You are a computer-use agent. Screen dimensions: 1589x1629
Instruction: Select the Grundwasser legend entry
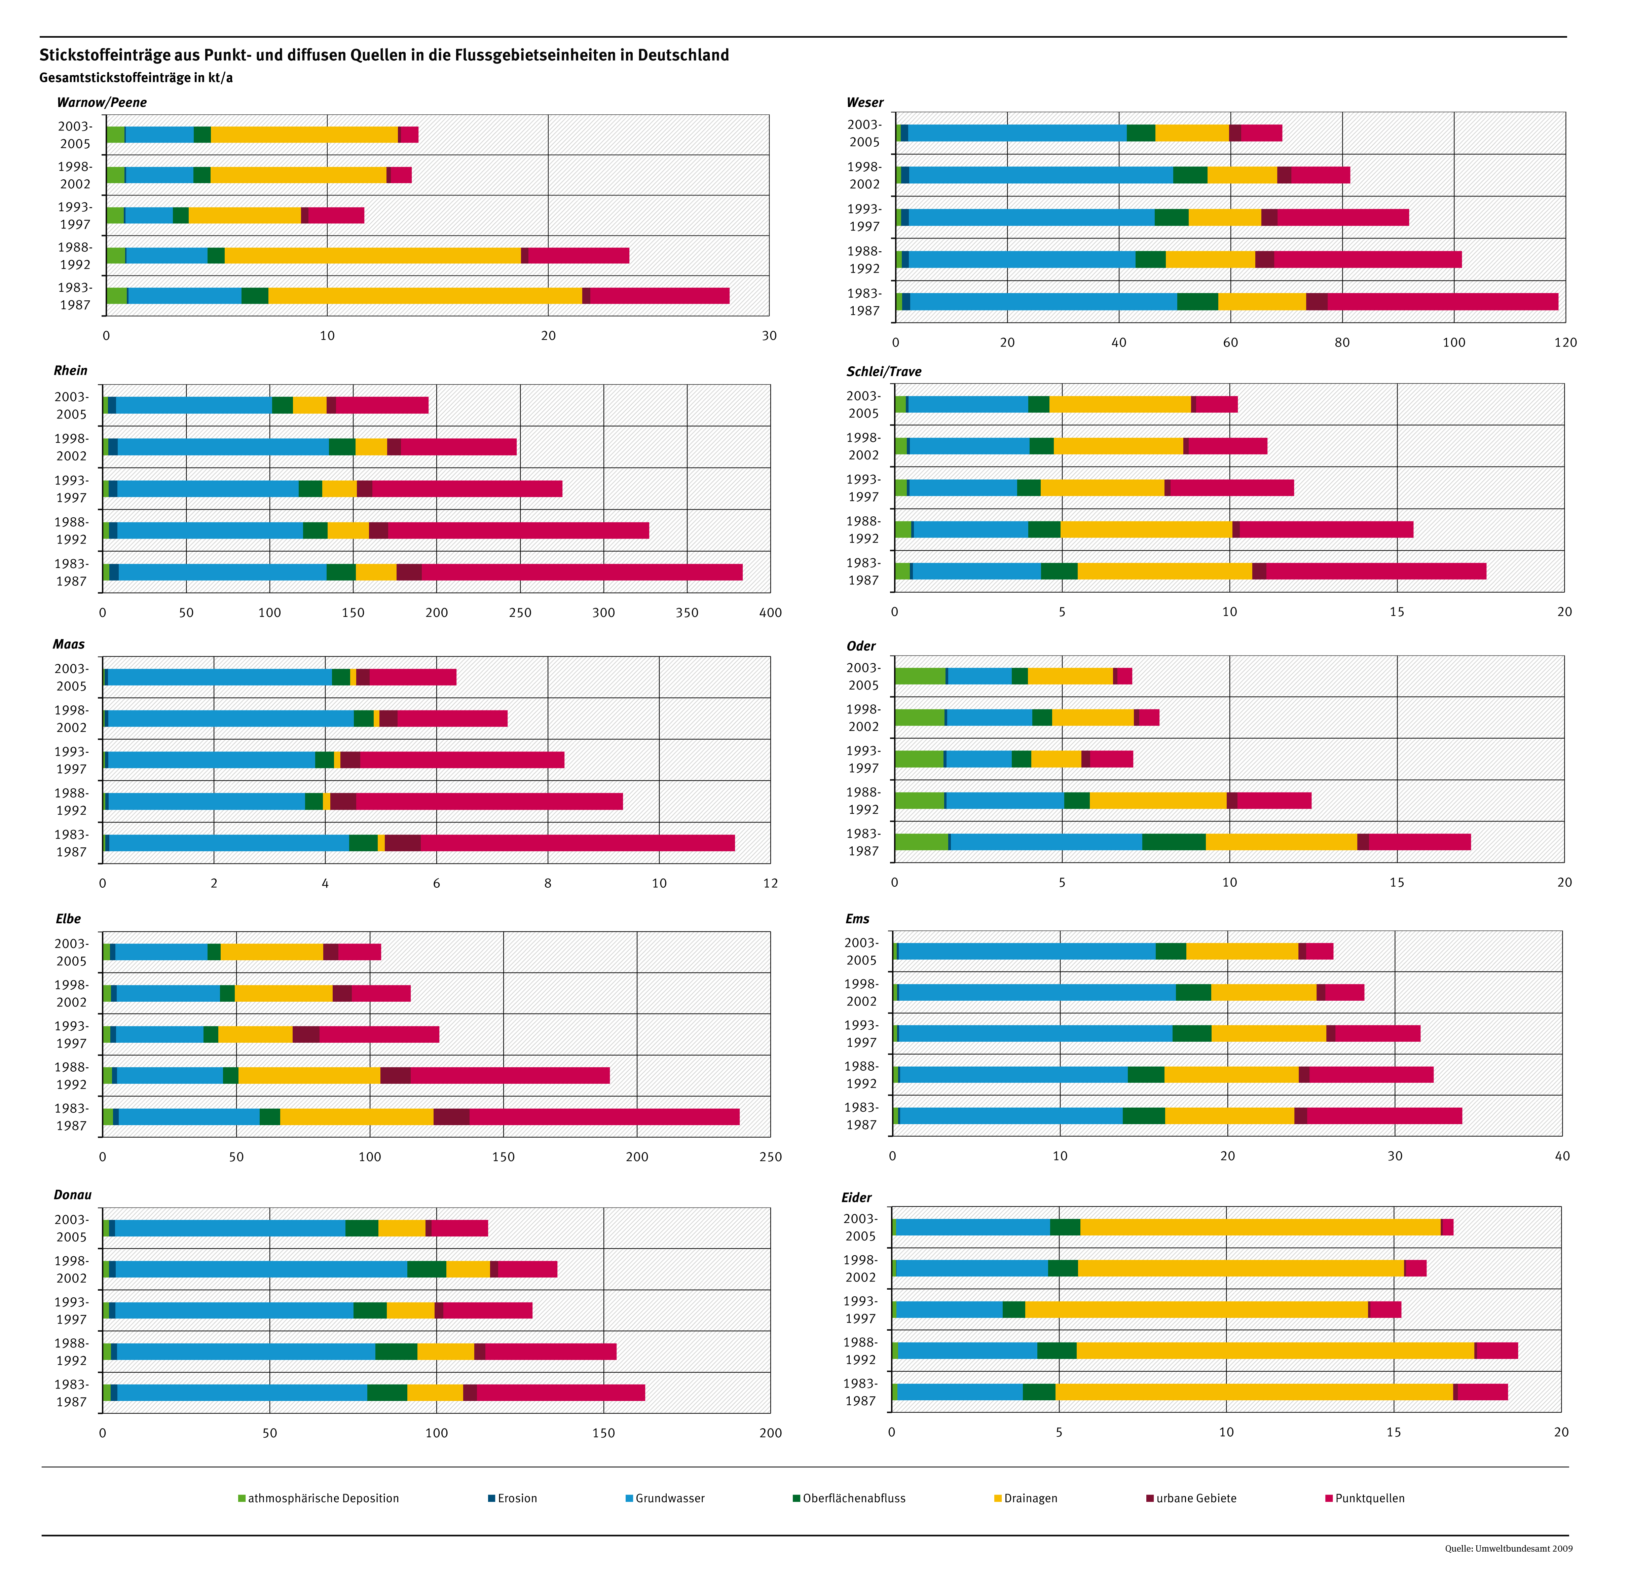[669, 1498]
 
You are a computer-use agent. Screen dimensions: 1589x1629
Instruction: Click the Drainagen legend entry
[1030, 1498]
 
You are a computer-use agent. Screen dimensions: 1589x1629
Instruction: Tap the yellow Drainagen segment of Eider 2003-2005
[1260, 1227]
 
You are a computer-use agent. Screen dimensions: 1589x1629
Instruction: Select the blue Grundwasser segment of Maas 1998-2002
[231, 718]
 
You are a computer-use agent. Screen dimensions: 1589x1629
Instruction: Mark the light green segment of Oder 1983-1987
[921, 842]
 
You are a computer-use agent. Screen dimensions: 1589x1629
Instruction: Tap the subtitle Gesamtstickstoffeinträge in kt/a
[136, 78]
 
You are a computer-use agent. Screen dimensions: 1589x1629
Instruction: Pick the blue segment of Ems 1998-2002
[1036, 992]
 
